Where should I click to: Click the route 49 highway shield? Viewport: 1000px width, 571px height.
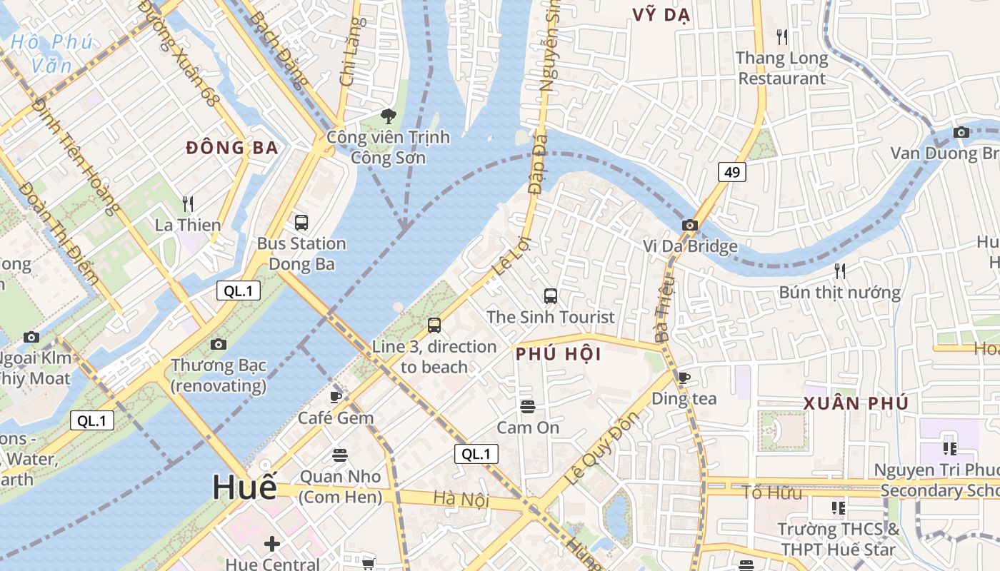point(732,172)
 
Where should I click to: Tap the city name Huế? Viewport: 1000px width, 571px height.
point(244,487)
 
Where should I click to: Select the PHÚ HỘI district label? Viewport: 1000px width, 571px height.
point(558,354)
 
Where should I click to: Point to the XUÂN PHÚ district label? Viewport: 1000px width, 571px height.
point(856,403)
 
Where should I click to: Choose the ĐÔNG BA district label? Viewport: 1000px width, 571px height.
point(231,148)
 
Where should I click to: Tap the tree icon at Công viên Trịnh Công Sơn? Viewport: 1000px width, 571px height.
point(388,116)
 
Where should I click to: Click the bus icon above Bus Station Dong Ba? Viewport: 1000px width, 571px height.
point(301,222)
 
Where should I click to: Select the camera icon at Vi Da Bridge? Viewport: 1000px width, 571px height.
point(689,226)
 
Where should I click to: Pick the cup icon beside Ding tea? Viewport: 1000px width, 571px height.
point(684,378)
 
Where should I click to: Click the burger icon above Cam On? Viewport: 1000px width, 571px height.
point(528,407)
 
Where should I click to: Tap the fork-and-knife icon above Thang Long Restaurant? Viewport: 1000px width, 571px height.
point(782,36)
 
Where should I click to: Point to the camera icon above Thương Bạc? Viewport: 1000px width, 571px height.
point(219,344)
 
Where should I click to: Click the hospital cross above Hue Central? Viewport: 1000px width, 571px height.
point(271,544)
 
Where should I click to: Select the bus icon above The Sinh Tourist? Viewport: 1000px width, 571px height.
point(550,295)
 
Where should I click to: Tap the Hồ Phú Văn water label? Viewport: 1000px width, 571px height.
point(51,54)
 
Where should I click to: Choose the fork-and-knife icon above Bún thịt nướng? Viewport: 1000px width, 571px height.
point(840,271)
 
